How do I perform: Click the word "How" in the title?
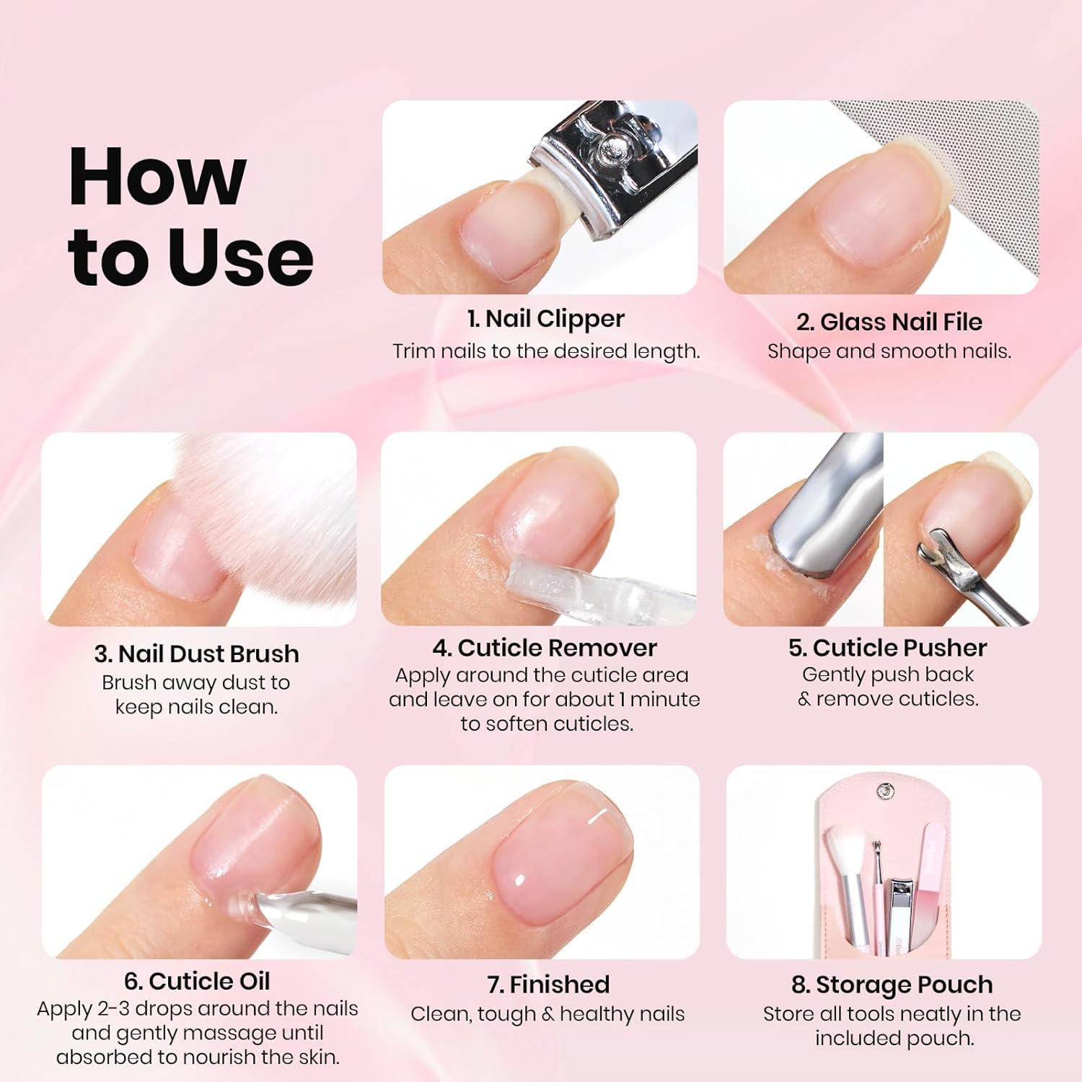pyautogui.click(x=157, y=177)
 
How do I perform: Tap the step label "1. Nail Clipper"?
pyautogui.click(x=545, y=319)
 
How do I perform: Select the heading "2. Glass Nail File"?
pyautogui.click(x=889, y=322)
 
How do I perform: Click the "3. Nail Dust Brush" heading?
pyautogui.click(x=196, y=654)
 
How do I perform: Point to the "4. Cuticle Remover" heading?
pyautogui.click(x=545, y=648)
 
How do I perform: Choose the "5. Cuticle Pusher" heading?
pyautogui.click(x=887, y=648)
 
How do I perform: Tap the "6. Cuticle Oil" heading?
pyautogui.click(x=197, y=981)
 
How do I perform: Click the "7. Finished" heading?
pyautogui.click(x=548, y=985)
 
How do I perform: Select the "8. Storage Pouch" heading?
pyautogui.click(x=892, y=985)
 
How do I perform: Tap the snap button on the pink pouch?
pyautogui.click(x=884, y=792)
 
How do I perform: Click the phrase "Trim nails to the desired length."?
pyautogui.click(x=546, y=351)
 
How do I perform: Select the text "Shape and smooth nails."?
pyautogui.click(x=889, y=351)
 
